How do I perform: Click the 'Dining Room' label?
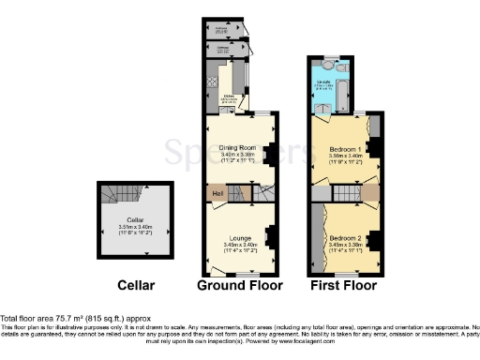pos(237,146)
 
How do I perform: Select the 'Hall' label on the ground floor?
pos(217,193)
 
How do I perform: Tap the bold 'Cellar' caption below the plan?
pos(136,285)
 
